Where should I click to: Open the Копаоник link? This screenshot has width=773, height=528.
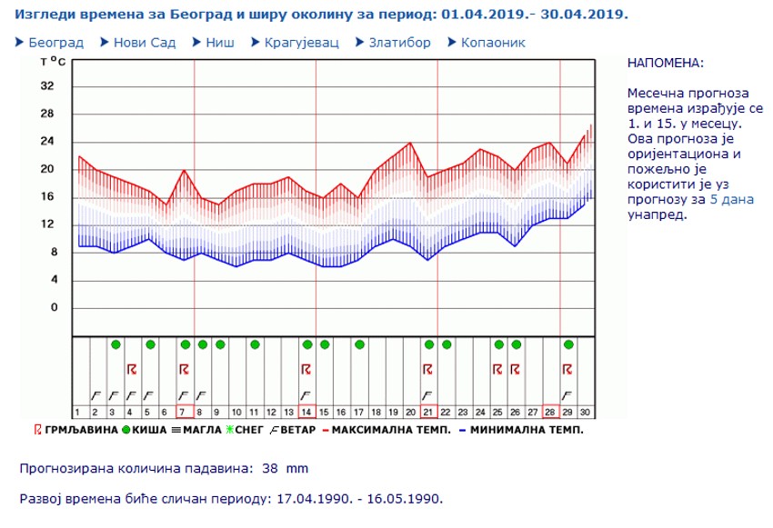493,43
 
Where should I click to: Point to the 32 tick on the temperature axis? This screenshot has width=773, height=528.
48,86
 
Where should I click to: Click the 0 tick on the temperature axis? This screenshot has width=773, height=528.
53,308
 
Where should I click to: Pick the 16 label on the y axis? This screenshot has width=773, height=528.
48,197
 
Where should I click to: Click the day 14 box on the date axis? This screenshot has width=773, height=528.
306,411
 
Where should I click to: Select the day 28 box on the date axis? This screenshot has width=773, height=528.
551,411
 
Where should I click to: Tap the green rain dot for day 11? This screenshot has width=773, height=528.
255,344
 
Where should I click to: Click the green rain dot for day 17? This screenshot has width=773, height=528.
359,344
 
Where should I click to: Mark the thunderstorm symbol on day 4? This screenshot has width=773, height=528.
132,369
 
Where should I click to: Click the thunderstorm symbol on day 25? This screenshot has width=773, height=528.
498,369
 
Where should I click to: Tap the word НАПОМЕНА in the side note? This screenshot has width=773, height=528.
665,63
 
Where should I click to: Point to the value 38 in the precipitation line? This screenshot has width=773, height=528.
270,469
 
